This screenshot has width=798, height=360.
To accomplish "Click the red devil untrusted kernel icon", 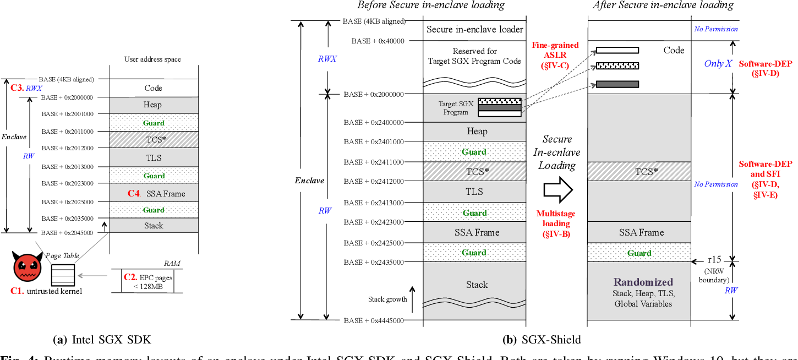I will [26, 268].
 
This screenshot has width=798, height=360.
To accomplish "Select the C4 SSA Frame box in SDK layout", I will [154, 193].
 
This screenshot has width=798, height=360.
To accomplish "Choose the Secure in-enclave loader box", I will [474, 30].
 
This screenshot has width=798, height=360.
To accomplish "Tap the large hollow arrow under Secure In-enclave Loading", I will [558, 189].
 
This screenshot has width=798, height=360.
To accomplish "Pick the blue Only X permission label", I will [718, 63].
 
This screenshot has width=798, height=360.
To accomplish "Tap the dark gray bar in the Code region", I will [617, 84].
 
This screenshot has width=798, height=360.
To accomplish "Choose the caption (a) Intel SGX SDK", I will [102, 339].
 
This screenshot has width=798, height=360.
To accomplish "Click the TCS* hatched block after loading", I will [639, 171].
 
